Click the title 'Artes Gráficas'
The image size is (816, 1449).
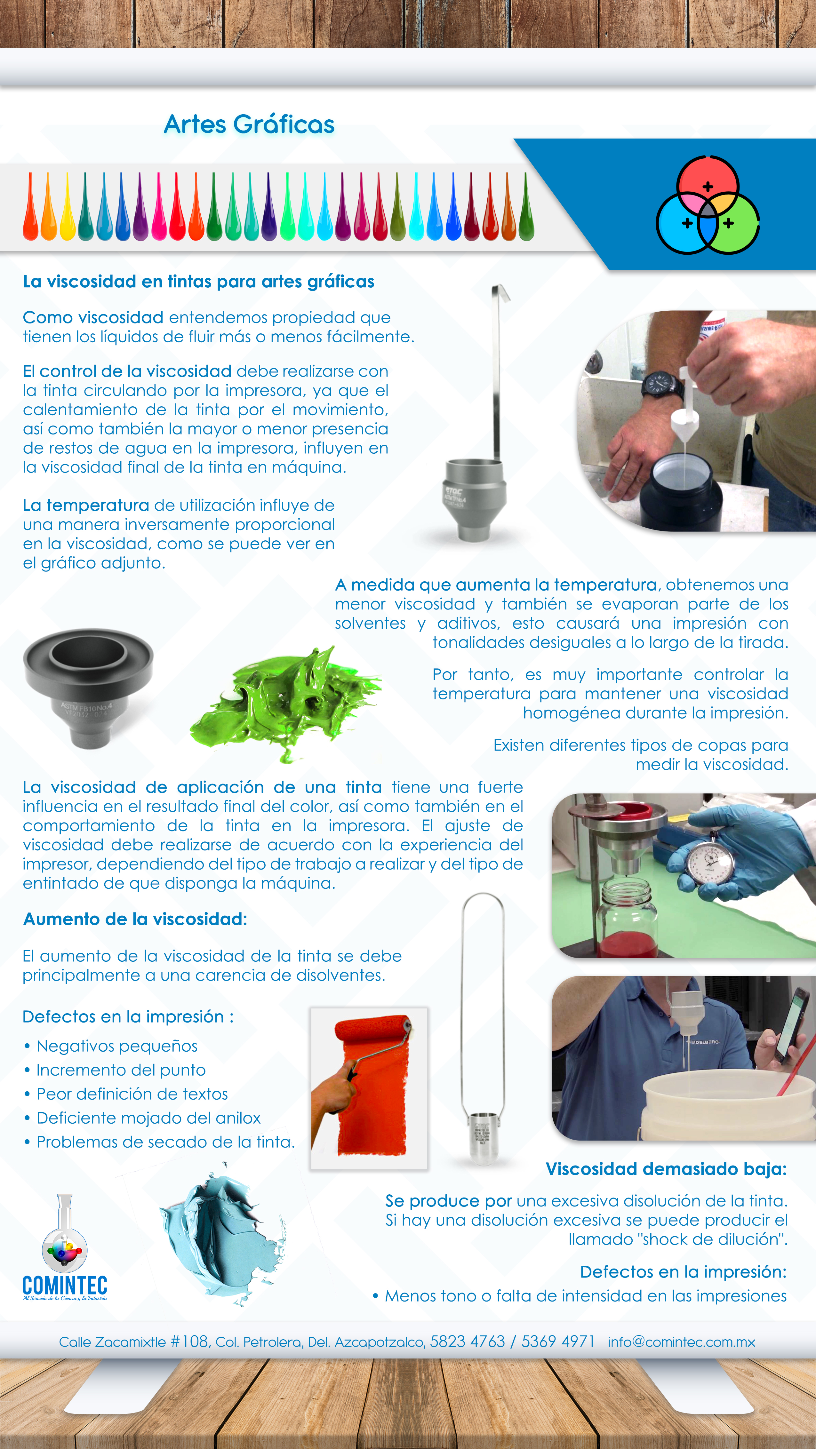(x=249, y=124)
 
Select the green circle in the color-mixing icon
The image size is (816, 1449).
(x=732, y=224)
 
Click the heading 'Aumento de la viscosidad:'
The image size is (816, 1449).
(x=135, y=919)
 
